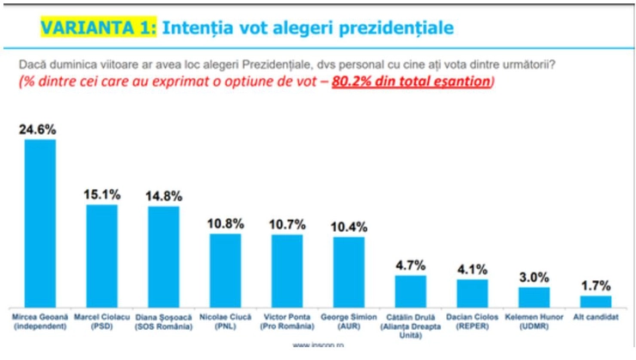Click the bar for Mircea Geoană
(x=40, y=223)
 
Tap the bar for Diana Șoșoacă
(x=163, y=257)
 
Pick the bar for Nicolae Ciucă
(x=225, y=271)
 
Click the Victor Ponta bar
(x=287, y=271)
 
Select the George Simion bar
(x=349, y=272)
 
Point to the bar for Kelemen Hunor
(x=534, y=297)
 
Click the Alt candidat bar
(x=596, y=302)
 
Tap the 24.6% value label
(x=40, y=129)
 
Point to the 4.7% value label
(x=411, y=265)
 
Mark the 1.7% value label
(x=596, y=285)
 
